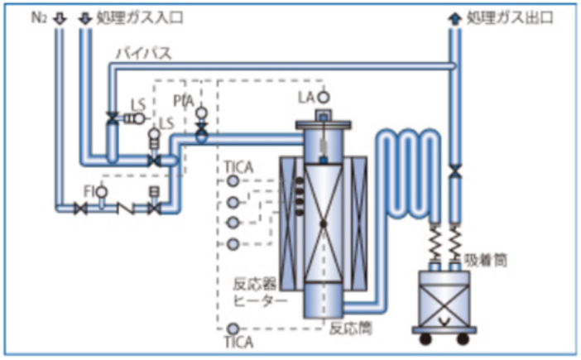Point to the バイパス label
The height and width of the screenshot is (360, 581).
[144, 54]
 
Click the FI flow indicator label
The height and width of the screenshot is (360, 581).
[88, 191]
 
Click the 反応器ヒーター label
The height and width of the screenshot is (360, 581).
[259, 293]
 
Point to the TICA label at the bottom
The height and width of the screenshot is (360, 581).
[239, 341]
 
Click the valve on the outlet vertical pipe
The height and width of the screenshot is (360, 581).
[454, 172]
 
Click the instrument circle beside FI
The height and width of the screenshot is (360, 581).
[102, 191]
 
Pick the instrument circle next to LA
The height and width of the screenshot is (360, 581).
[324, 97]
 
